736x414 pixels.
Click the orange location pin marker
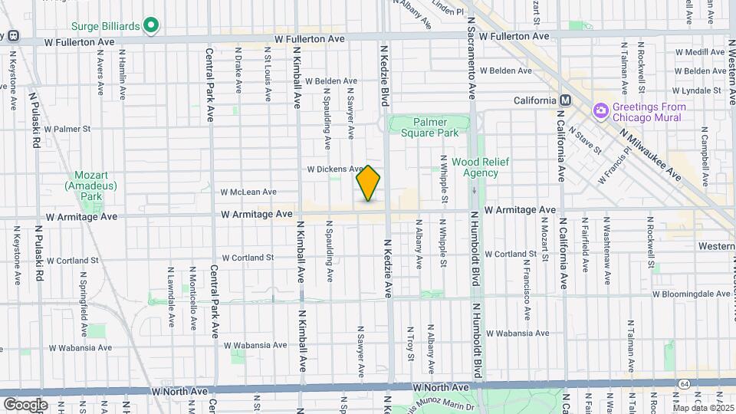pos(368,183)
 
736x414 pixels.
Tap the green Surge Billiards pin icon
pos(151,25)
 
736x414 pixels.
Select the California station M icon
pos(565,100)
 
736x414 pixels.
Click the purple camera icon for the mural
pos(600,112)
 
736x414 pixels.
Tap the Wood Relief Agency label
pos(475,167)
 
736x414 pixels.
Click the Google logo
pos(25,404)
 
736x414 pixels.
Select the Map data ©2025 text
pos(703,409)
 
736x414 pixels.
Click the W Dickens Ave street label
pos(335,169)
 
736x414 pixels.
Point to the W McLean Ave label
pos(248,192)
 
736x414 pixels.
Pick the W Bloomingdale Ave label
pos(692,294)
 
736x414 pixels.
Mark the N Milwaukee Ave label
pos(651,153)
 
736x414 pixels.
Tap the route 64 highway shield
pos(683,383)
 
